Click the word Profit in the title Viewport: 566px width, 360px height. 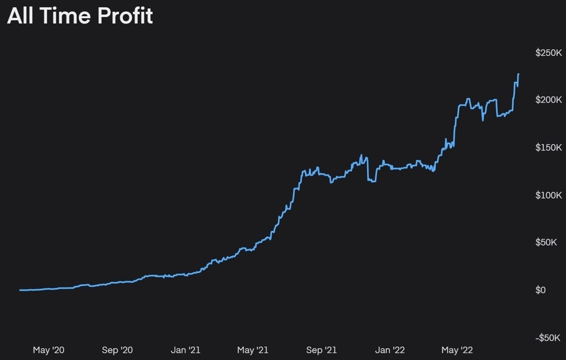125,16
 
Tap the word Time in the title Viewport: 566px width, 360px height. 66,16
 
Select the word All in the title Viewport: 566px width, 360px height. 20,16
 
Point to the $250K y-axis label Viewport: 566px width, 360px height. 548,53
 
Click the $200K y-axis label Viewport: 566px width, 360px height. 548,100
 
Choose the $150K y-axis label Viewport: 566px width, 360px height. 548,147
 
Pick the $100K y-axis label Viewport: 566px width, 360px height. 548,195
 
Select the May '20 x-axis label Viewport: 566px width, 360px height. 49,350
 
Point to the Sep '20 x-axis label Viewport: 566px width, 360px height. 117,350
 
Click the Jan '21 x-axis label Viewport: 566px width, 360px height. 186,350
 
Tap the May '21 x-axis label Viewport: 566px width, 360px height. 253,350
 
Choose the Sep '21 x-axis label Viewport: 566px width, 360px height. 321,350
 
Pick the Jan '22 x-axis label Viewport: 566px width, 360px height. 390,350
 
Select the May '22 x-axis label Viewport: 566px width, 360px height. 457,350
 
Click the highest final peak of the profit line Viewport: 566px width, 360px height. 518,74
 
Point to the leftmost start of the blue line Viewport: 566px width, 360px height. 20,290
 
